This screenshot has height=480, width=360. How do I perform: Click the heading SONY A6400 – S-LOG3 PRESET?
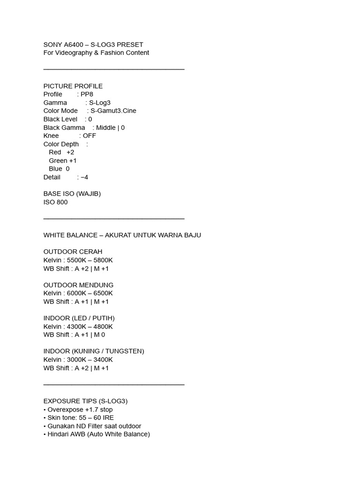pyautogui.click(x=93, y=45)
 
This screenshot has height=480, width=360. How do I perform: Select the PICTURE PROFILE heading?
pyautogui.click(x=73, y=86)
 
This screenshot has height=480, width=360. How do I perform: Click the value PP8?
pyautogui.click(x=87, y=94)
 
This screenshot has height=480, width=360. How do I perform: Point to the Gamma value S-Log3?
pyautogui.click(x=100, y=103)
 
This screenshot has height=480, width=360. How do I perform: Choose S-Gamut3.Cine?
pyautogui.click(x=113, y=111)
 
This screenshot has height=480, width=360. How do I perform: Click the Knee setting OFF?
pyautogui.click(x=89, y=136)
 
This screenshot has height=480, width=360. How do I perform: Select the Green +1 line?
pyautogui.click(x=62, y=161)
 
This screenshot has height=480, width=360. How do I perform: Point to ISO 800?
pyautogui.click(x=55, y=202)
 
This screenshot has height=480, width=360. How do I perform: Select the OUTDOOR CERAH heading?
pyautogui.click(x=73, y=252)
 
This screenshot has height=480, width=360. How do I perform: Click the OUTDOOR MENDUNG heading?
pyautogui.click(x=78, y=285)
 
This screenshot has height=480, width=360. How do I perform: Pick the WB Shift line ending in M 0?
pyautogui.click(x=74, y=335)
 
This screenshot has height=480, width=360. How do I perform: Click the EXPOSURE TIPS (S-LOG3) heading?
pyautogui.click(x=85, y=401)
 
